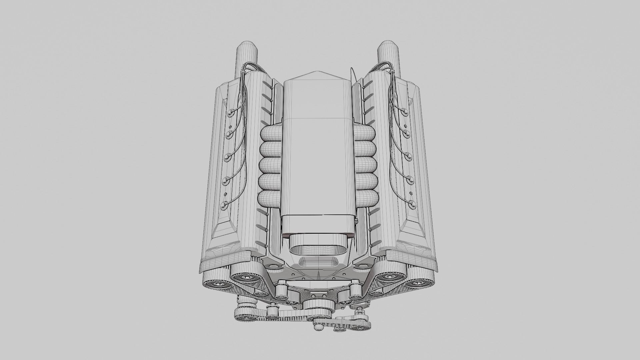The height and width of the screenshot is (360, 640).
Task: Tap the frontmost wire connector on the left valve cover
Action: [x=224, y=204]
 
